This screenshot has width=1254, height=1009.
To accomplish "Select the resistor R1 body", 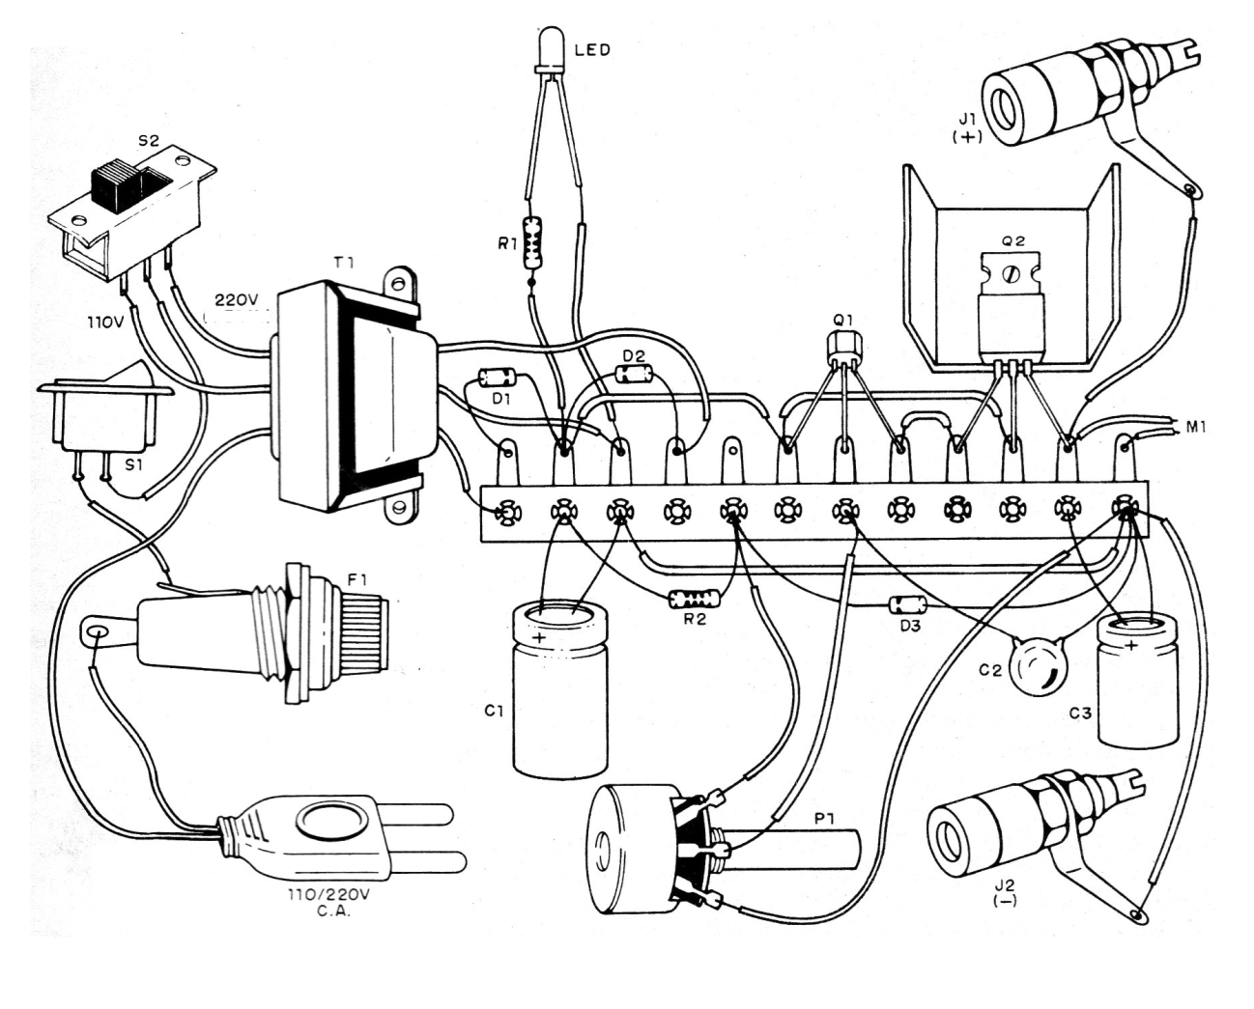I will tap(532, 242).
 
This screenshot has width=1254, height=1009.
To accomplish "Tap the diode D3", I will tap(906, 605).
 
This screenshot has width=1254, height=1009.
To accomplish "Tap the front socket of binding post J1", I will tap(1012, 104).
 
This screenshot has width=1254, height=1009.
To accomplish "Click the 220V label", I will tap(237, 300).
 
